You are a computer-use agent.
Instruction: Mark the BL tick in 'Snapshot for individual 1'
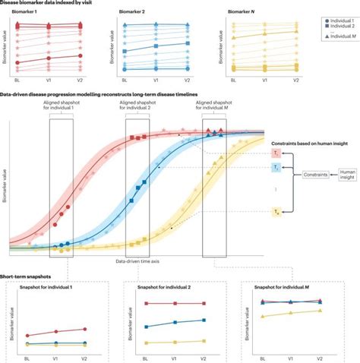[27, 356]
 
